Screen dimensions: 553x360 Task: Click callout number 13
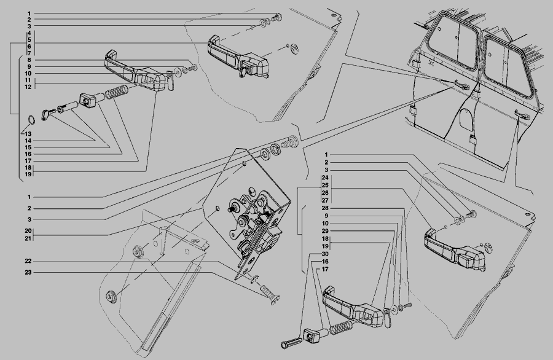coord(28,134)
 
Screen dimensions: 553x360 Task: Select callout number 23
coord(28,273)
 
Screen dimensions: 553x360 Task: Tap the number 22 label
coord(28,261)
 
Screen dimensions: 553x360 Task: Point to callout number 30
coord(325,254)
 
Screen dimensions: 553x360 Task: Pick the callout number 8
coord(29,60)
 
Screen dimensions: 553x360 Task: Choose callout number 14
coord(28,141)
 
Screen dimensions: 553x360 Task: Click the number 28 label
coord(325,208)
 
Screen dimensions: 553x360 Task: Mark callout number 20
coord(28,231)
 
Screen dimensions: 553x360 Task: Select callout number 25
coord(325,186)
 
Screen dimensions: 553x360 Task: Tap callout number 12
coord(28,87)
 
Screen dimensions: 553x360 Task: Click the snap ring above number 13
coord(31,120)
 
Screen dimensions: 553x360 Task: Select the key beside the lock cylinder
coord(47,114)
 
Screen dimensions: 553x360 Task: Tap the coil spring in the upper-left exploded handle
coord(117,92)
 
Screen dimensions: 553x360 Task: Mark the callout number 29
coord(325,232)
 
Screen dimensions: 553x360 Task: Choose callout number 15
coord(28,147)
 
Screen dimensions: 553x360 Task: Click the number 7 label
coord(29,53)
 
